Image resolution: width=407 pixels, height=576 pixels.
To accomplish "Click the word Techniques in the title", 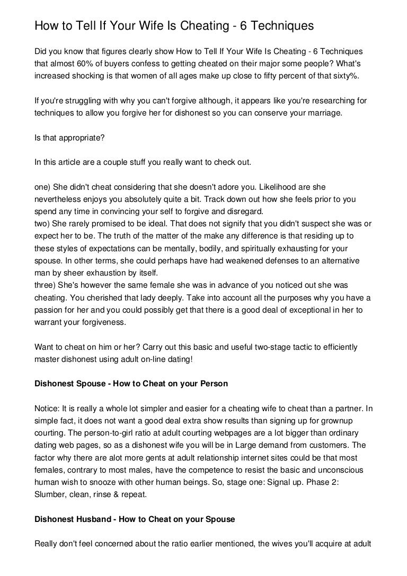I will (x=269, y=25).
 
